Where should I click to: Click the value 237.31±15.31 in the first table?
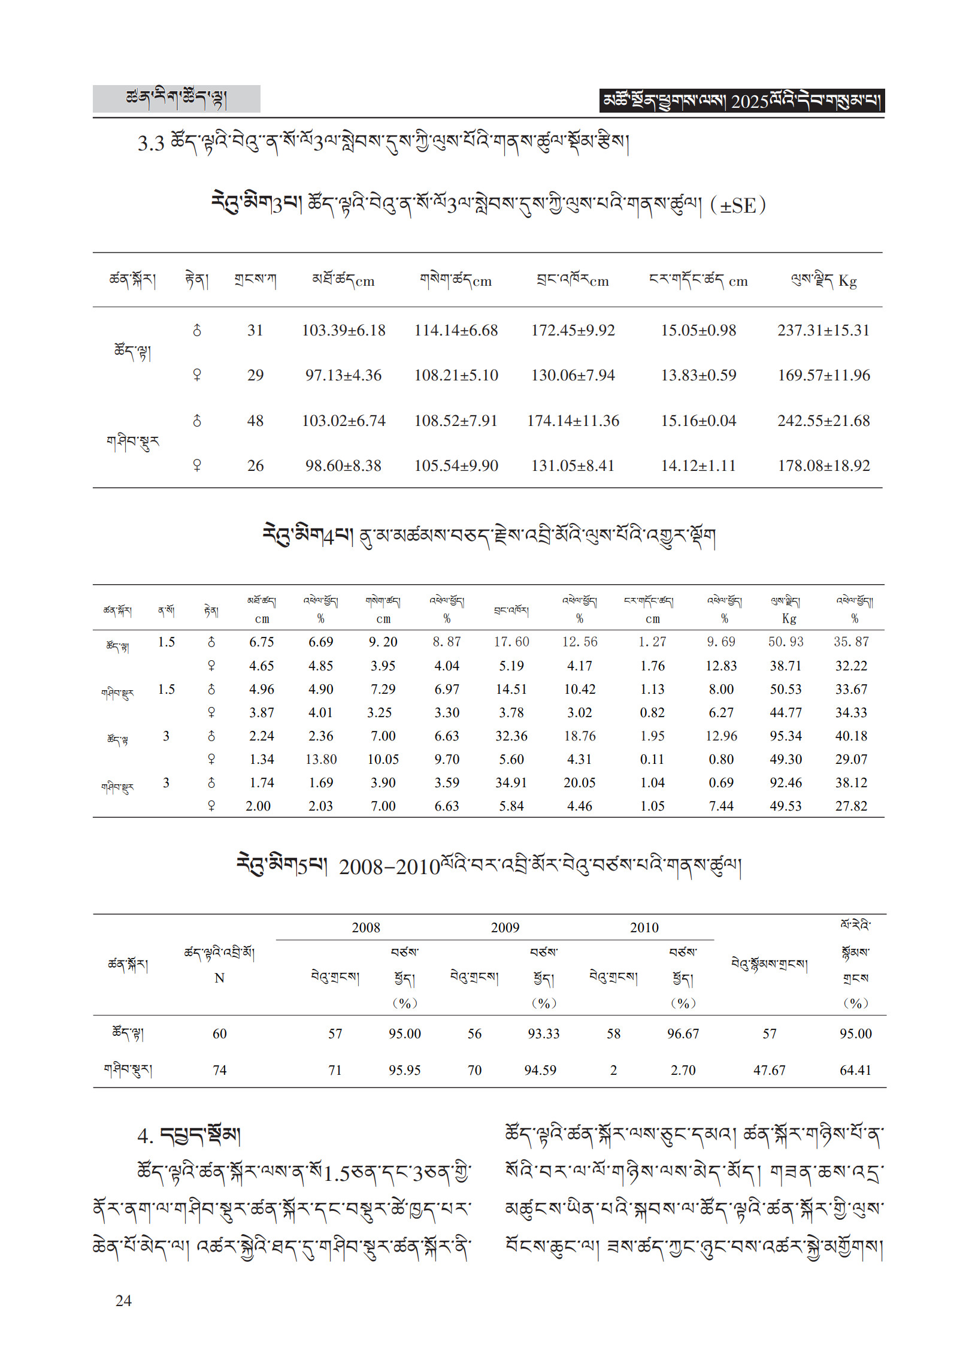[823, 330]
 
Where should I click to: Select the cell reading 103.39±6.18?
[343, 330]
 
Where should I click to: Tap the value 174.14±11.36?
[573, 421]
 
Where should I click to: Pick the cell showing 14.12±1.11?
[698, 466]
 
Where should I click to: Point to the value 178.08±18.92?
[823, 466]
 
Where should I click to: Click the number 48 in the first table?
[255, 421]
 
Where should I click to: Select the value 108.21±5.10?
[456, 375]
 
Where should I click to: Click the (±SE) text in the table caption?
[737, 206]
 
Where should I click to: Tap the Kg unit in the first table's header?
[847, 281]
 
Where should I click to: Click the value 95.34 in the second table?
[785, 736]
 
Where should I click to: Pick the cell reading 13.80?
[321, 760]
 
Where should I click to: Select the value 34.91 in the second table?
[511, 783]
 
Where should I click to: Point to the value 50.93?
[785, 642]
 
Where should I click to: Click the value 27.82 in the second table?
[851, 806]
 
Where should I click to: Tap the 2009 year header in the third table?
[505, 927]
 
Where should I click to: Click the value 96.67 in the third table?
[683, 1033]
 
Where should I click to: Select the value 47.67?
[769, 1070]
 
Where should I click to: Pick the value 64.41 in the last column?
[855, 1070]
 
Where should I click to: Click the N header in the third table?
[219, 978]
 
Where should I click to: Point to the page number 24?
[123, 1301]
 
